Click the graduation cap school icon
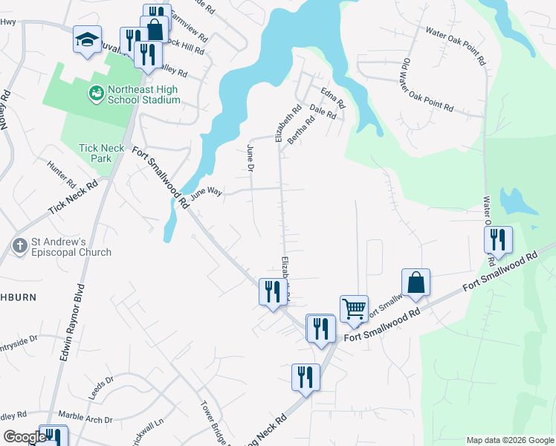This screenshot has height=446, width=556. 87,39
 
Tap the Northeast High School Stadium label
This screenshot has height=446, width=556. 143,94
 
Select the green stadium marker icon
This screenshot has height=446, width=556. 96,93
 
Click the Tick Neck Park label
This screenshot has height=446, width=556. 102,153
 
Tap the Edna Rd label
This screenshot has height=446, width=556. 333,98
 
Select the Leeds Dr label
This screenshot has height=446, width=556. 100,387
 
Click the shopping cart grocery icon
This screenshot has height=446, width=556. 354,307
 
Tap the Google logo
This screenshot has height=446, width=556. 25,437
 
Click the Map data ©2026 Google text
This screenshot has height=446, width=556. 509,440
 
